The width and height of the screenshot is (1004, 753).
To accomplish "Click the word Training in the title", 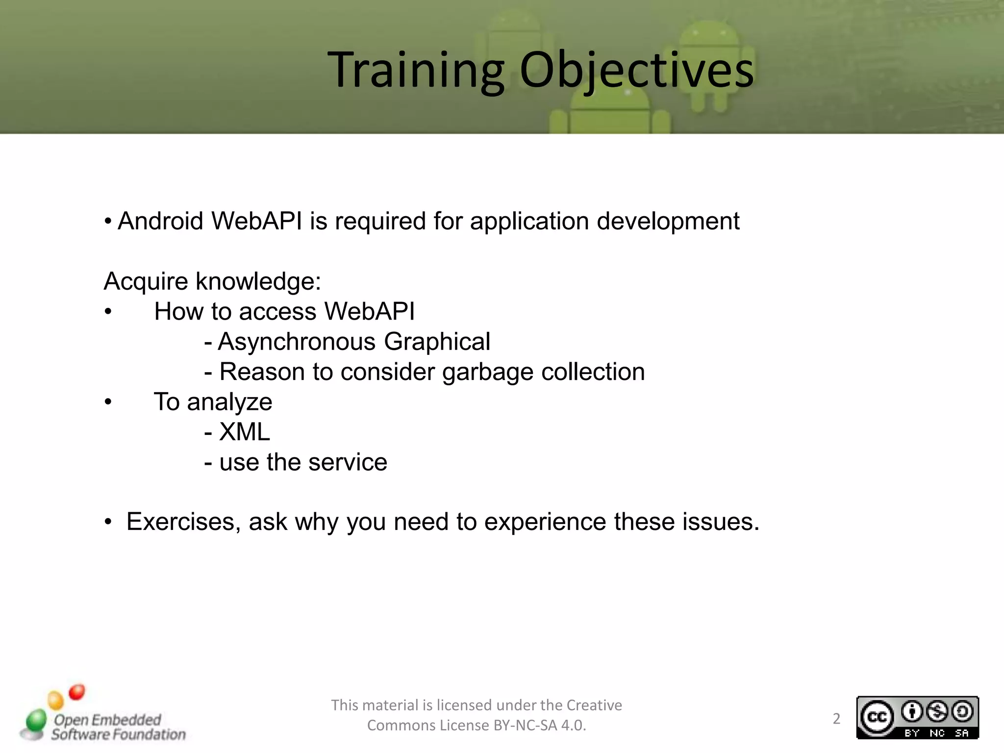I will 416,71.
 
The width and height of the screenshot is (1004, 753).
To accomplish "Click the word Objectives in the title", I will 636,71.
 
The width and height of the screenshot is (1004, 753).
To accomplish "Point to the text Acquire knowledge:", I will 212,282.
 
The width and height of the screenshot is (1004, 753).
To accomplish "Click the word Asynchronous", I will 297,342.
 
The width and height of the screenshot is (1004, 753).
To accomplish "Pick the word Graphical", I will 437,342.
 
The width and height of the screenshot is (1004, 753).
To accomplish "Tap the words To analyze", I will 213,402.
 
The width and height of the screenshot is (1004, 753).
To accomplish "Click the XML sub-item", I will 244,432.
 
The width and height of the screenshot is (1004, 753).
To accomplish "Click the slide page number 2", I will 836,719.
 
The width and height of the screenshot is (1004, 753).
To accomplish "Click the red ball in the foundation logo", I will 77,692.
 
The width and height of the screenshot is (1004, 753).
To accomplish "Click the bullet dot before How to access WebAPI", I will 108,312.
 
